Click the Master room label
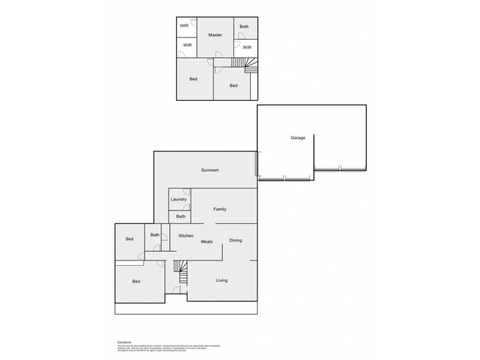pos(215,35)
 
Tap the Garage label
pos(298,138)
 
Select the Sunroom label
pos(209,170)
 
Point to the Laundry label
pos(179,199)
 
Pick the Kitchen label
pos(185,236)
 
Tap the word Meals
pos(207,241)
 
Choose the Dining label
pos(236,241)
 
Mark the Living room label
pos(221,280)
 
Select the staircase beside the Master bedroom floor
pos(245,63)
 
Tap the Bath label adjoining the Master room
pos(245,26)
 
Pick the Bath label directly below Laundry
pos(180,217)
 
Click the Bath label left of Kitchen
pos(155,235)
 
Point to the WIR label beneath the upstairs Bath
pos(247,47)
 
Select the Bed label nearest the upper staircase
pos(233,85)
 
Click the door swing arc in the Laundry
pos(187,192)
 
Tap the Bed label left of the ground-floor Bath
pos(129,239)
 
